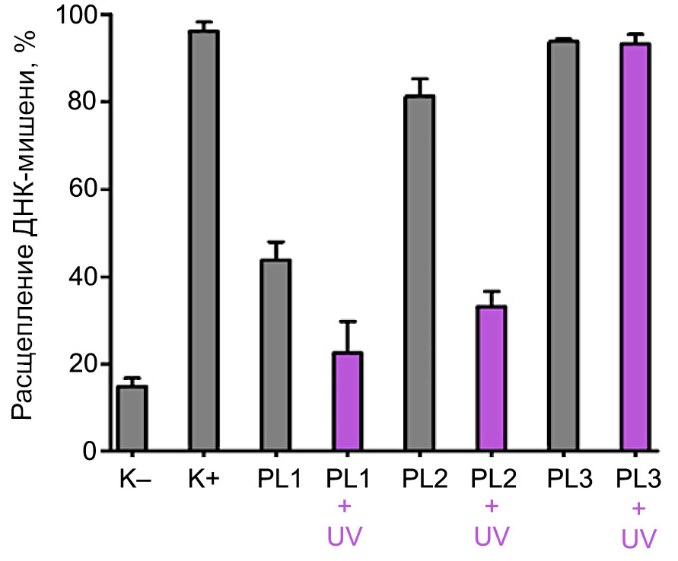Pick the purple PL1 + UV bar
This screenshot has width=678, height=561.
(x=347, y=402)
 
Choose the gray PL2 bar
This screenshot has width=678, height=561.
(x=419, y=274)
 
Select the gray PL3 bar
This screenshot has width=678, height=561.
(x=562, y=246)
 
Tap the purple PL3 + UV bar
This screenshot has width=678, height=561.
(x=635, y=248)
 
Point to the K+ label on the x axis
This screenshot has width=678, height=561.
(x=203, y=480)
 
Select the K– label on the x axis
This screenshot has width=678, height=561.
(x=132, y=480)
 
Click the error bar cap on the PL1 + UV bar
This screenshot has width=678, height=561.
(x=347, y=322)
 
